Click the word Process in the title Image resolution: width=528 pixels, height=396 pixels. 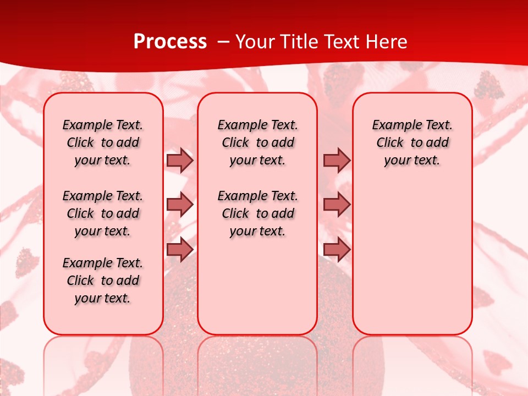tap(170, 41)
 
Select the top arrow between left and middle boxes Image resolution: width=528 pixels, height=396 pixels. tap(180, 160)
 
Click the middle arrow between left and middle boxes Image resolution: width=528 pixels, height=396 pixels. tap(180, 205)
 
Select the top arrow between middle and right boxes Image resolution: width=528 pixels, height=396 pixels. tap(337, 160)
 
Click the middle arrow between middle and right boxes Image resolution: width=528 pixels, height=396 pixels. tap(337, 205)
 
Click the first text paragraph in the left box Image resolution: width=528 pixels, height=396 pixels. tap(103, 142)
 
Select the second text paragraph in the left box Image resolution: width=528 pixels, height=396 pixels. tap(103, 213)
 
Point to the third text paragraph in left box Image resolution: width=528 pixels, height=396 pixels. tap(103, 280)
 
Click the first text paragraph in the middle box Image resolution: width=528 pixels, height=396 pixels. tap(257, 142)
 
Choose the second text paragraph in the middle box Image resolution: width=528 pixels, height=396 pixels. tap(257, 213)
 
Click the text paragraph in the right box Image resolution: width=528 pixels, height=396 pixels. tap(412, 142)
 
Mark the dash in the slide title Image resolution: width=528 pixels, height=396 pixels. tap(223, 42)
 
